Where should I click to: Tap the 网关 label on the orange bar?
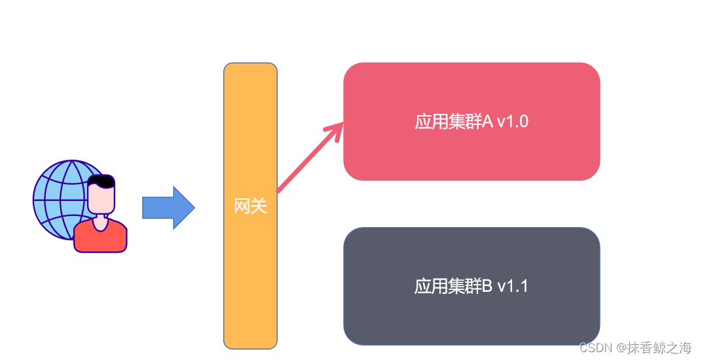click(x=251, y=206)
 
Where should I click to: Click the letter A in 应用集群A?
click(x=487, y=122)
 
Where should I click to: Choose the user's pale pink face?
click(x=101, y=199)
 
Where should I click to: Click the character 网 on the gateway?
click(x=242, y=206)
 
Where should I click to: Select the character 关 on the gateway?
click(x=259, y=206)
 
